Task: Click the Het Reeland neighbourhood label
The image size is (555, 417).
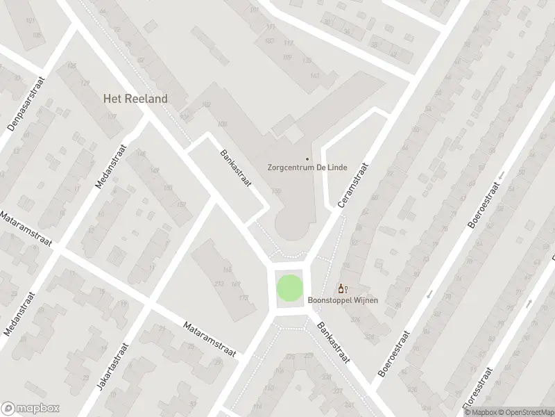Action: (135, 99)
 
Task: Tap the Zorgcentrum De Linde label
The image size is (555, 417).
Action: (307, 167)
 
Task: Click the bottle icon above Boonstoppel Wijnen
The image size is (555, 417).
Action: (341, 288)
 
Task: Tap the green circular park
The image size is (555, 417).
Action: (290, 288)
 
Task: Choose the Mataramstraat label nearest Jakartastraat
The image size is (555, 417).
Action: (210, 339)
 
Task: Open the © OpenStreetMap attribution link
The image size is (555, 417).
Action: (524, 411)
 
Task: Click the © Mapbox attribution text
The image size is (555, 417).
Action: (479, 411)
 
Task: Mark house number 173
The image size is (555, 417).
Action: (243, 298)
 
